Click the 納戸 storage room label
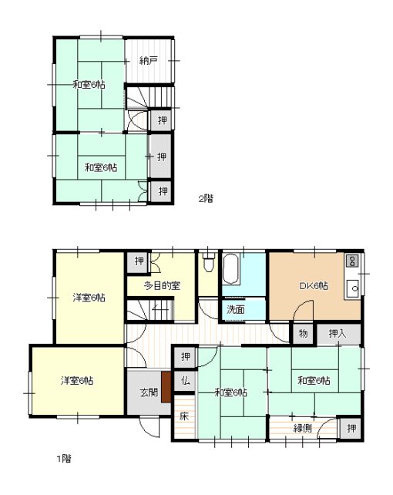point(149,60)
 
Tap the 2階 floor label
point(206,199)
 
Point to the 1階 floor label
point(64,459)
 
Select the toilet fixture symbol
point(209,262)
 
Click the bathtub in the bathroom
point(230,269)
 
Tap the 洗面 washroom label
point(236,309)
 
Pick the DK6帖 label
point(314,286)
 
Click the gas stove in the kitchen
point(352,261)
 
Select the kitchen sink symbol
point(353,288)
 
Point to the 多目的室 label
point(162,286)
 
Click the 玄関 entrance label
point(149,392)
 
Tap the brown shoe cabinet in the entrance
point(166,387)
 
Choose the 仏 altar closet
point(186,381)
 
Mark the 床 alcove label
point(184,416)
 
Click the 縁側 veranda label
point(303,428)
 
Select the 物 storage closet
point(303,333)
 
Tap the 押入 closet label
point(338,333)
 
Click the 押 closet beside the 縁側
point(351,429)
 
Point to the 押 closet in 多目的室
point(139,261)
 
